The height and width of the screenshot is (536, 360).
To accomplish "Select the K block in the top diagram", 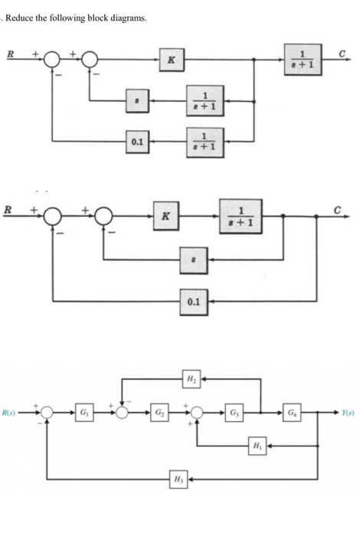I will [172, 56].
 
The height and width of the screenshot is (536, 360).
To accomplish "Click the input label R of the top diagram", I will [10, 52].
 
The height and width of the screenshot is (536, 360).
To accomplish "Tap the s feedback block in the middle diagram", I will [192, 260].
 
